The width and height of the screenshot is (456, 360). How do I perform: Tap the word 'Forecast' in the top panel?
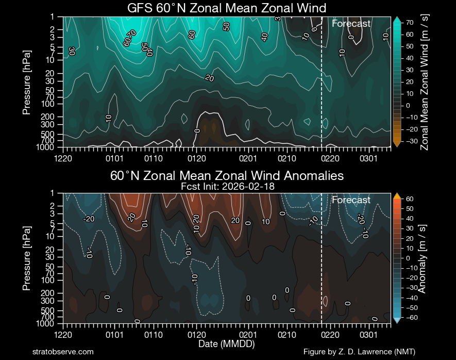[351, 24]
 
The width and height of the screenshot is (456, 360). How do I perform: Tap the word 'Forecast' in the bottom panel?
[351, 200]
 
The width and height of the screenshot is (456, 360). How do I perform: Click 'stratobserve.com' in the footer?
[63, 352]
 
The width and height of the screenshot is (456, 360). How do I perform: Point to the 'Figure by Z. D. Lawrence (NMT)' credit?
[359, 352]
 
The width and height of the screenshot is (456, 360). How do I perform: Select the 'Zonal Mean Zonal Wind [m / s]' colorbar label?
[425, 82]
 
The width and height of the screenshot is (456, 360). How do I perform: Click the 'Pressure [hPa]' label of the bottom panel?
[27, 258]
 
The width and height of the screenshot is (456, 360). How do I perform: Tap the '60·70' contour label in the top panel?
[129, 39]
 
